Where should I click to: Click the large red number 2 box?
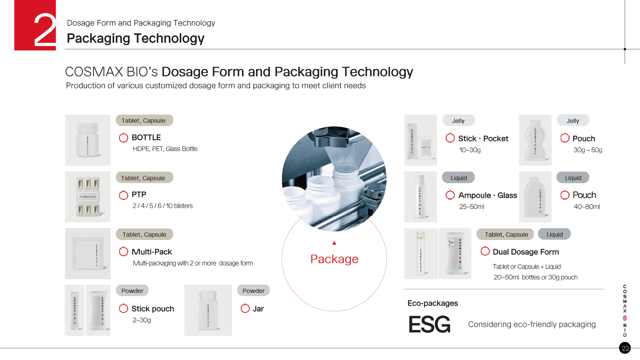(x=35, y=25)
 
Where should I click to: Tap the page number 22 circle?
(x=625, y=348)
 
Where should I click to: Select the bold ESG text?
(x=429, y=324)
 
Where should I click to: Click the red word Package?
(x=334, y=259)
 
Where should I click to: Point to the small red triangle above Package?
(x=334, y=243)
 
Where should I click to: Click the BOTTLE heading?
(x=146, y=138)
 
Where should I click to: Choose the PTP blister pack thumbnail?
(x=88, y=197)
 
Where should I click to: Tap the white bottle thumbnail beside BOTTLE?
(x=88, y=140)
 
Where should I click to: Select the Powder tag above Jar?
(x=253, y=291)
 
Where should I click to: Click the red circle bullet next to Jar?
(x=245, y=308)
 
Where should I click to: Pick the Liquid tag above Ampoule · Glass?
(x=459, y=178)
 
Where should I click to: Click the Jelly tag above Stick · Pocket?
(x=458, y=121)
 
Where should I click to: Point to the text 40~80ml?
(x=587, y=207)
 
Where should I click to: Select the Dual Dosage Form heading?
(x=526, y=252)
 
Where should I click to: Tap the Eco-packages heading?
(x=433, y=303)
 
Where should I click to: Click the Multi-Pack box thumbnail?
(x=88, y=254)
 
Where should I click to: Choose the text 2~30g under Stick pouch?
(x=142, y=320)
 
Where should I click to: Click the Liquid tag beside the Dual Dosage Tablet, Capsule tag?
(x=554, y=234)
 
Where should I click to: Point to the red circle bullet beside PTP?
(x=123, y=195)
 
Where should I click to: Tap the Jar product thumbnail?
(x=208, y=310)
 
